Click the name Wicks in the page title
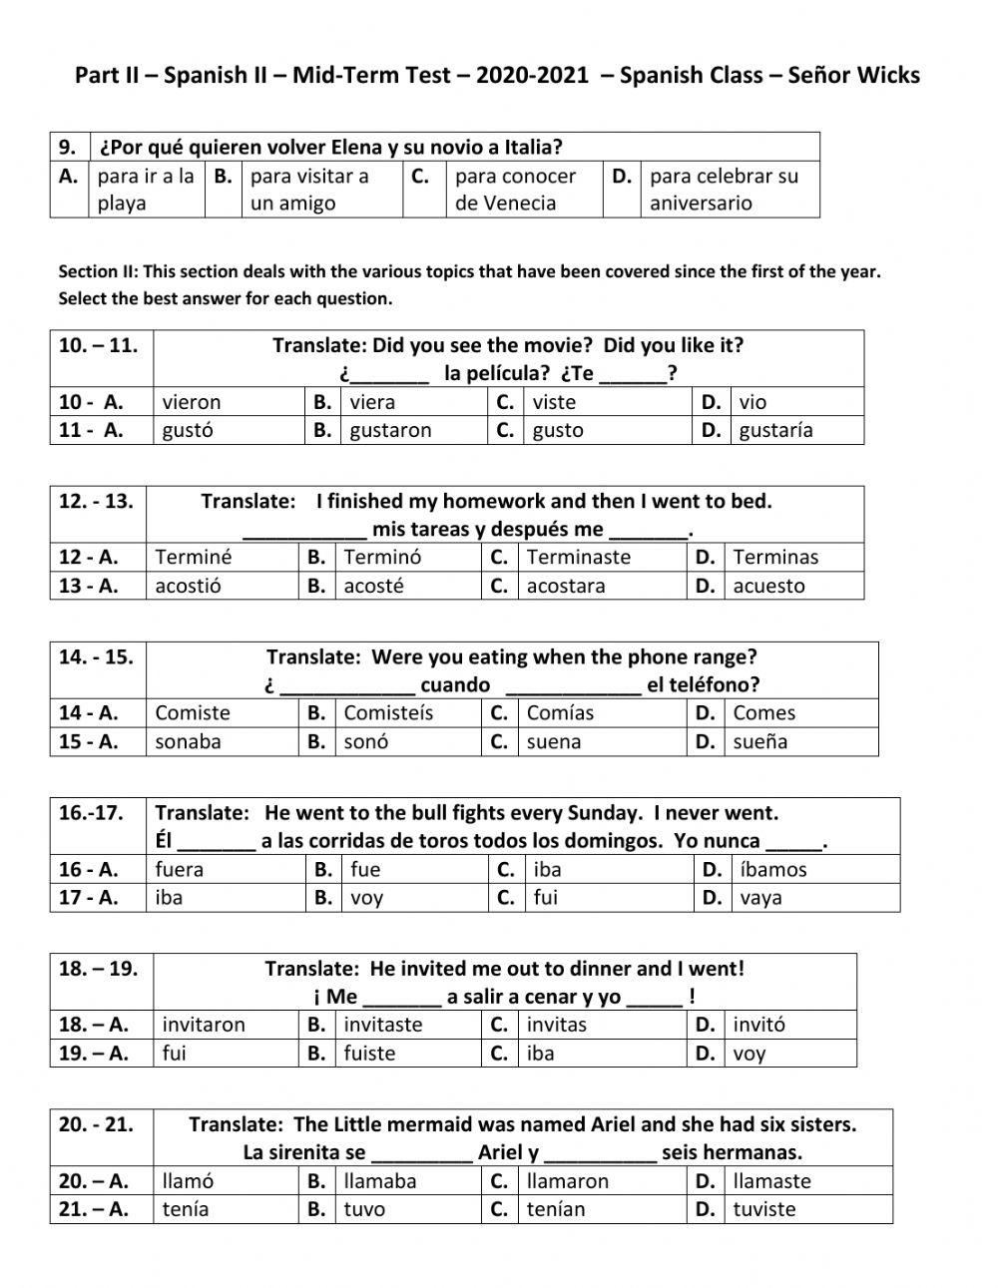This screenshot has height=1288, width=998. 886,76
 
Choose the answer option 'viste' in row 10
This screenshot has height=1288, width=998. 554,402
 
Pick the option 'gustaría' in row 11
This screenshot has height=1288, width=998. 775,430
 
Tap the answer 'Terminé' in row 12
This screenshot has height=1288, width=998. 193,557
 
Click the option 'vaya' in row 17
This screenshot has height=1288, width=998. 760,897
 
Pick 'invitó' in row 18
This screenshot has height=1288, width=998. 758,1025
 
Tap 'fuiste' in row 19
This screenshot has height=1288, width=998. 369,1053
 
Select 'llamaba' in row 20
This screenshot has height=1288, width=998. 380,1180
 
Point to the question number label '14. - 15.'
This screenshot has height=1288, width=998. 96,656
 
